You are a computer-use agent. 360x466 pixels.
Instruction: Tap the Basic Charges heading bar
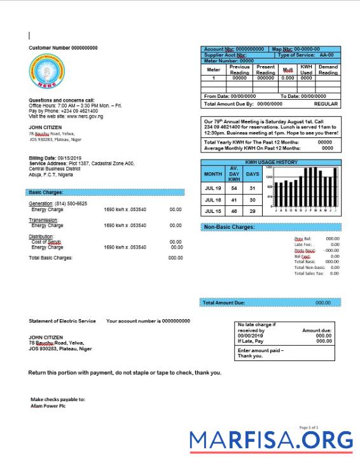106,192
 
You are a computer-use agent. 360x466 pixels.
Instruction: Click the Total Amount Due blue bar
270,303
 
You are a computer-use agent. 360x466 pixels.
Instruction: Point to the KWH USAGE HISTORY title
271,163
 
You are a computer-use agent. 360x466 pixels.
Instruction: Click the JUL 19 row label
212,188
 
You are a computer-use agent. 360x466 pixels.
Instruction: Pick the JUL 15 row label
212,211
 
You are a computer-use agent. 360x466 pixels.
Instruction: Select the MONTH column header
212,174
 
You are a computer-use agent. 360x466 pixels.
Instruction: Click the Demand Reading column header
328,69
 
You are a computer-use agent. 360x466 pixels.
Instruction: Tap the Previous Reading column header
240,69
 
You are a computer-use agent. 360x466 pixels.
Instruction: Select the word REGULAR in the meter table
326,104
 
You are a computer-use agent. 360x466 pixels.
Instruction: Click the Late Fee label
303,244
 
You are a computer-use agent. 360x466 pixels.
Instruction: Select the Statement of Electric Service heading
62,321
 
